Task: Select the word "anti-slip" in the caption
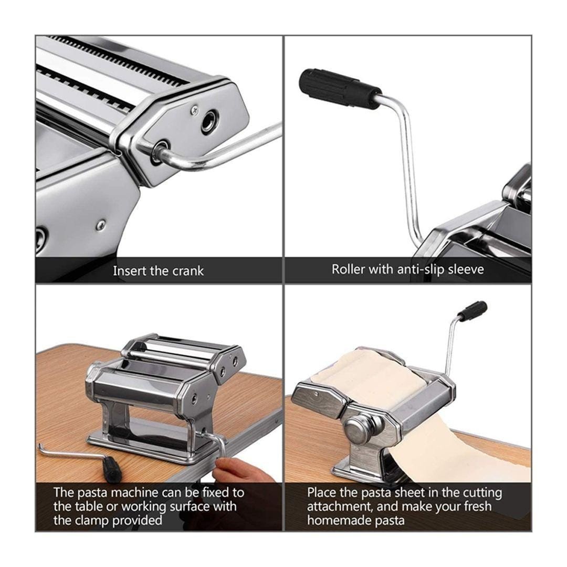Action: pos(421,269)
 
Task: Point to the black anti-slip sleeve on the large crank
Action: pos(339,88)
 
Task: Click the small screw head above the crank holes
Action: pos(195,108)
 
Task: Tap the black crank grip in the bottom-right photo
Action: pos(472,311)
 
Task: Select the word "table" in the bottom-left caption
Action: pos(86,506)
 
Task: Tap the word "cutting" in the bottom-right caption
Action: pos(483,493)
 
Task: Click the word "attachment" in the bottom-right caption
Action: pos(339,507)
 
